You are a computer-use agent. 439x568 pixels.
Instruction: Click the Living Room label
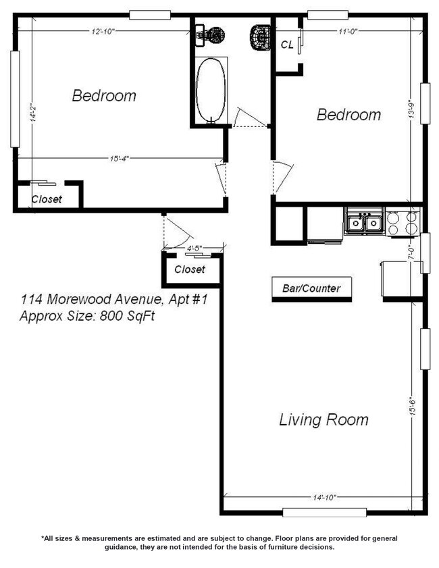tap(324, 420)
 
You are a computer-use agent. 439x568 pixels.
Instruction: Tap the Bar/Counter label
tap(311, 288)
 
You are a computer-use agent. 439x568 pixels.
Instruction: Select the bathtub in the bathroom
tap(211, 91)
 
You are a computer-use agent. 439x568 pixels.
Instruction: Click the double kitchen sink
tap(364, 222)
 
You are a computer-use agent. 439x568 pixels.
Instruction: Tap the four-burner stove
tap(402, 222)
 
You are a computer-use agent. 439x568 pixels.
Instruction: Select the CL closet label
tap(287, 45)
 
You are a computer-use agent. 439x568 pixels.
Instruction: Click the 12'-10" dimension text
tap(103, 32)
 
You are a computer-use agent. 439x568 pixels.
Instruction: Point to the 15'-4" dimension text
tap(120, 158)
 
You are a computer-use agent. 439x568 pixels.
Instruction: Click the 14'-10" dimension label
tap(325, 497)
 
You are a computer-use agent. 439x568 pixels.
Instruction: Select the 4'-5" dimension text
tap(194, 248)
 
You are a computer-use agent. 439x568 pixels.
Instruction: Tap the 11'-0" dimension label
tap(348, 32)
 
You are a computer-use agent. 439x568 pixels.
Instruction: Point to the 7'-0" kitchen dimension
tap(411, 252)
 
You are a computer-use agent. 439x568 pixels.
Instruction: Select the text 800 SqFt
tap(127, 316)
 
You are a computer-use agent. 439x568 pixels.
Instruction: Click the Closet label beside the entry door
tap(190, 269)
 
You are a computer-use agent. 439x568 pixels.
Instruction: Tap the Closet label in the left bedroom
tap(47, 199)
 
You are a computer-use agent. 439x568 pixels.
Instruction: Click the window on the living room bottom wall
tap(325, 512)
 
